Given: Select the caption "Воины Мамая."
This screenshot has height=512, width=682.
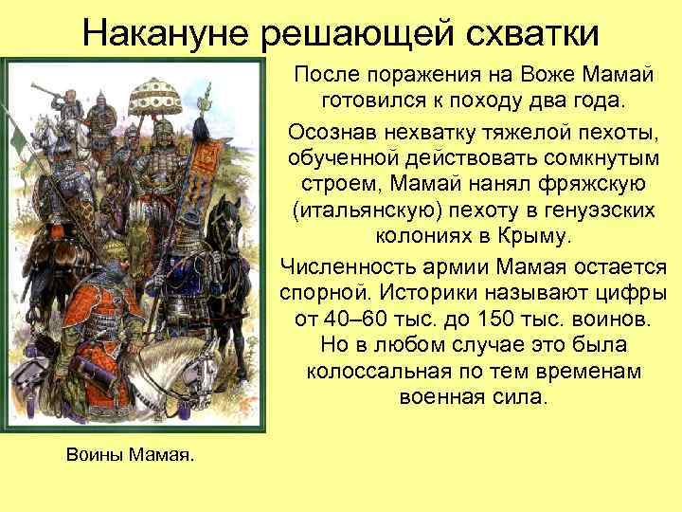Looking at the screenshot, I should click(130, 455).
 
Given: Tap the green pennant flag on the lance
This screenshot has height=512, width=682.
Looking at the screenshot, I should click(20, 140).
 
